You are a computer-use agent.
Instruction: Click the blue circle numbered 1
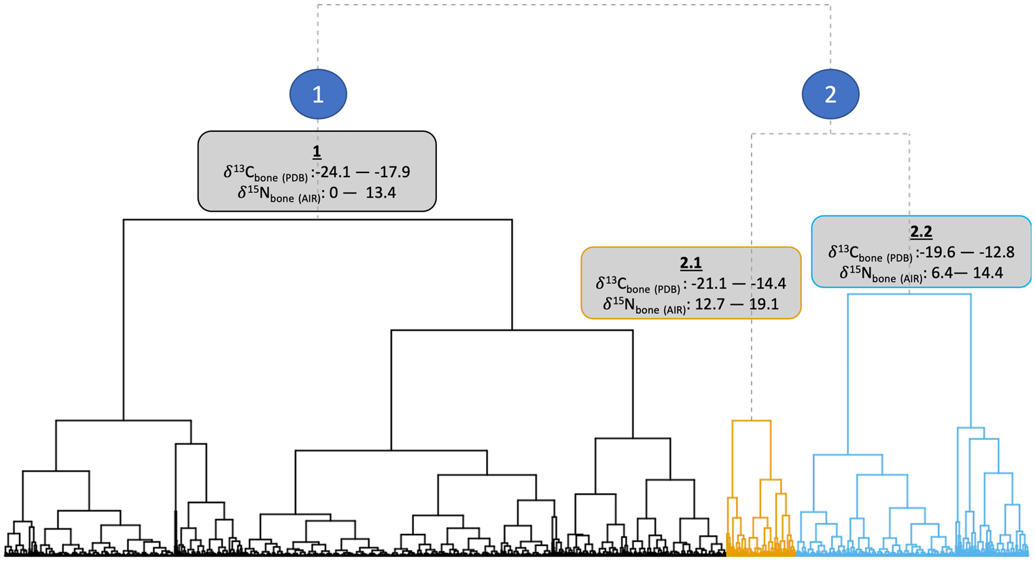click(x=318, y=94)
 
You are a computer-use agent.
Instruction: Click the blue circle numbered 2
click(x=830, y=94)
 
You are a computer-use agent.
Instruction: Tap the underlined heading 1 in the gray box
click(x=317, y=151)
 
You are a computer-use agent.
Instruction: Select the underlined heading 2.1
click(x=690, y=264)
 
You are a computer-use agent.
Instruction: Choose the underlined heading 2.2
click(x=921, y=232)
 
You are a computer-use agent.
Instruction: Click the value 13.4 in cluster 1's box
click(x=381, y=193)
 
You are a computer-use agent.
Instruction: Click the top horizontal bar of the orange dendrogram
click(x=751, y=421)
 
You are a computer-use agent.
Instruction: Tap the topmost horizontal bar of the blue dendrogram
click(x=909, y=295)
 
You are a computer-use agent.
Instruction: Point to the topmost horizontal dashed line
click(x=574, y=5)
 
